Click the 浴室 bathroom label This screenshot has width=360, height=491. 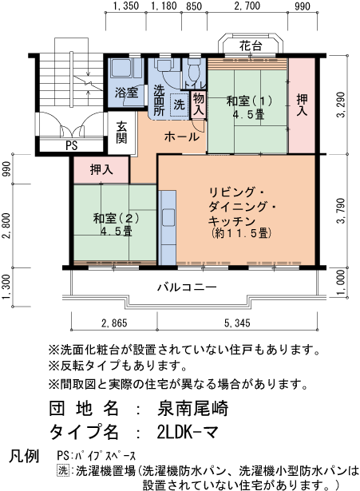(126, 93)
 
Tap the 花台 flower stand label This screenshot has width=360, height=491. (251, 46)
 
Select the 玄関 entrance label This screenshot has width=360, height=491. (121, 131)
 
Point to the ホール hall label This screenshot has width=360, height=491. (182, 137)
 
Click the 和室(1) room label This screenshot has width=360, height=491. (249, 107)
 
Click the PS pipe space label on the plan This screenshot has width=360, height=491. (71, 146)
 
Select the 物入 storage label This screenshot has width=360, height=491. (199, 104)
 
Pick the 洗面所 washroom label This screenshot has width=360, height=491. (159, 101)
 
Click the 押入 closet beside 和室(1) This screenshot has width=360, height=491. (302, 106)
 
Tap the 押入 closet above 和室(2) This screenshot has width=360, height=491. (101, 169)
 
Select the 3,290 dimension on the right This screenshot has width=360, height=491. (342, 104)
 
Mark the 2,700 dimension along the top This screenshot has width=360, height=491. (247, 6)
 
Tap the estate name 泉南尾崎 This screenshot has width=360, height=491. (193, 408)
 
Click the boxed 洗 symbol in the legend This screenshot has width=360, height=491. (63, 471)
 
